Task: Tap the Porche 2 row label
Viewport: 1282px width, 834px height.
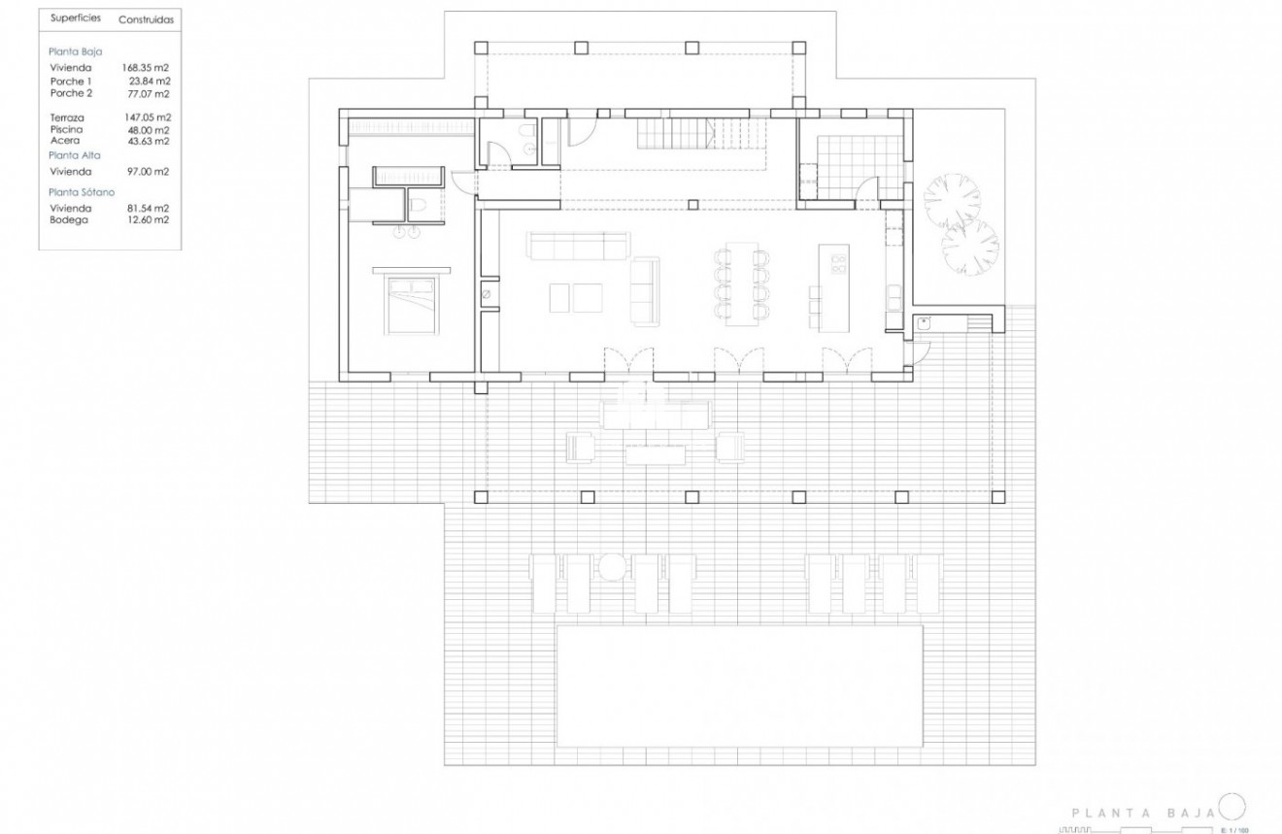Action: coord(70,94)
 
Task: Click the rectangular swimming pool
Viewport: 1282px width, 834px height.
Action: coord(739,684)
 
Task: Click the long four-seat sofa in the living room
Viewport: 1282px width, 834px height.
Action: coord(577,246)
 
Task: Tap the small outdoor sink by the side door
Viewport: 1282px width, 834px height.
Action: coord(924,325)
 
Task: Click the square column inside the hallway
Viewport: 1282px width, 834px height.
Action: coord(692,204)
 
